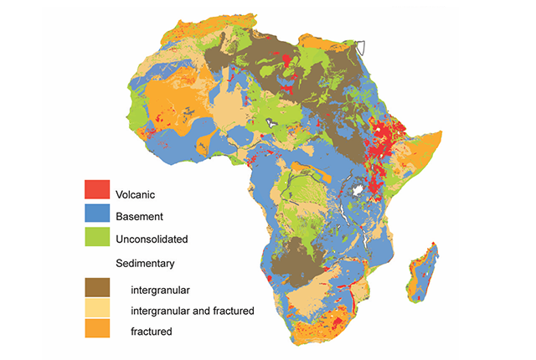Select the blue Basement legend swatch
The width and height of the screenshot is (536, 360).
point(97,216)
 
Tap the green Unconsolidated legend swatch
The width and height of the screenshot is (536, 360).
point(97,239)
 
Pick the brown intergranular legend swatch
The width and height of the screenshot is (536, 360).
point(97,287)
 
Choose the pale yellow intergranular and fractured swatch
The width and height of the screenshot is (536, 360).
point(97,310)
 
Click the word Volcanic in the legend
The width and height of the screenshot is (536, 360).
point(138,194)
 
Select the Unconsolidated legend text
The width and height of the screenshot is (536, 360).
point(152,239)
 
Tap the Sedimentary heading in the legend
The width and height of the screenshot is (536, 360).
point(145,263)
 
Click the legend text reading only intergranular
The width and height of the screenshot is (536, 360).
point(160,289)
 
